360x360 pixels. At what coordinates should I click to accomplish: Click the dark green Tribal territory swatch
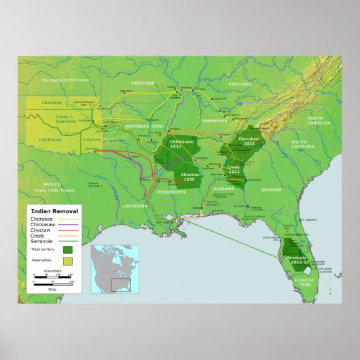tap(68, 249)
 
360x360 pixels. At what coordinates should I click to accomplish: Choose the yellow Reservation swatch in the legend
tap(68, 261)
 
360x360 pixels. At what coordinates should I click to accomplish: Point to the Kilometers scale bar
tap(53, 275)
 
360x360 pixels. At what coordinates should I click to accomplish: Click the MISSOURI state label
tap(143, 83)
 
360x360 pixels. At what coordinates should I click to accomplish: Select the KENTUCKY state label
tap(240, 84)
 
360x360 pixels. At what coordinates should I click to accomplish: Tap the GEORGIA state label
tap(270, 190)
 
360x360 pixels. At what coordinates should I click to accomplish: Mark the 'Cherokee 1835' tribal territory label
tap(245, 141)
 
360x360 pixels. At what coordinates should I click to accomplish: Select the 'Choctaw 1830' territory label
tap(189, 177)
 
